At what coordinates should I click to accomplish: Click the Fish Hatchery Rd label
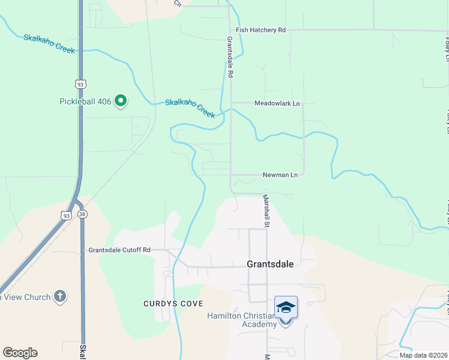(x=261, y=29)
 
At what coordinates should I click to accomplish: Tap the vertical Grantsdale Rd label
(x=229, y=57)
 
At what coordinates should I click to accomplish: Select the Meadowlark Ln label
(x=277, y=103)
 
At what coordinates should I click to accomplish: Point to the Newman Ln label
(x=280, y=175)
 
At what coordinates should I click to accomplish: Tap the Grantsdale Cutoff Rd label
(x=119, y=250)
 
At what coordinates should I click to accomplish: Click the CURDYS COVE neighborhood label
(x=173, y=304)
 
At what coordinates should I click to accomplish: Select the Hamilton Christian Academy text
(x=242, y=320)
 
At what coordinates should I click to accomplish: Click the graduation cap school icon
(x=286, y=308)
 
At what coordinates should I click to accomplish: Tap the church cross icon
(x=59, y=296)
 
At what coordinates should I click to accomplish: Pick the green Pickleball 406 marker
(x=121, y=101)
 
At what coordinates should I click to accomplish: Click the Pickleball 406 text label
(x=85, y=101)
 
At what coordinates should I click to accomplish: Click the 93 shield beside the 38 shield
(x=65, y=214)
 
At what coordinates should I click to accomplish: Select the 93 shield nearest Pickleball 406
(x=80, y=84)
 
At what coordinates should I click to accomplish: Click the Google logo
(x=20, y=353)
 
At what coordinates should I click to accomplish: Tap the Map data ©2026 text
(x=423, y=355)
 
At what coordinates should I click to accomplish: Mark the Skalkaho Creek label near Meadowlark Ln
(x=190, y=108)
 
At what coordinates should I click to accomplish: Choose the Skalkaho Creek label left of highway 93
(x=49, y=44)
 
